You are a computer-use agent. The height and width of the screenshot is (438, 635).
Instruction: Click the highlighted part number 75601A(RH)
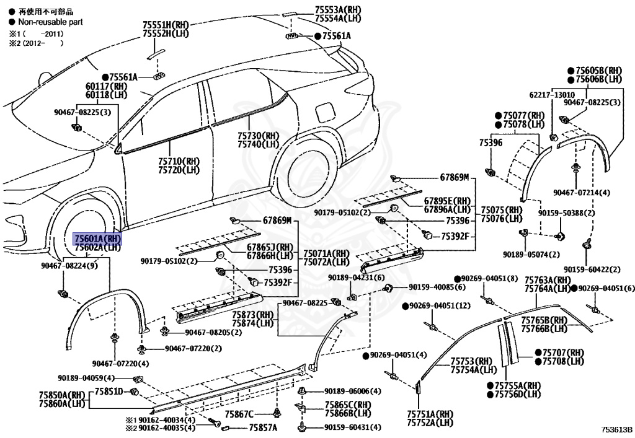point(97,239)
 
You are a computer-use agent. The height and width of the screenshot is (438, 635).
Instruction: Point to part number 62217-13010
point(552,95)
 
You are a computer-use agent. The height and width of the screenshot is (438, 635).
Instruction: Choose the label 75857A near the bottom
point(263,427)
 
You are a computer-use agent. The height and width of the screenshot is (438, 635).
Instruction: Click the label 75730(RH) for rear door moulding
point(258,136)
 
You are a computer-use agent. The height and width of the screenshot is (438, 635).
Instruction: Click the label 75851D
point(109,391)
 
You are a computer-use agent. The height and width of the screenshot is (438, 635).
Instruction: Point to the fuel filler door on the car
point(324,114)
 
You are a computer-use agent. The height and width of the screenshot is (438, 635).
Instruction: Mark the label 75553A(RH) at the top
point(338,11)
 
